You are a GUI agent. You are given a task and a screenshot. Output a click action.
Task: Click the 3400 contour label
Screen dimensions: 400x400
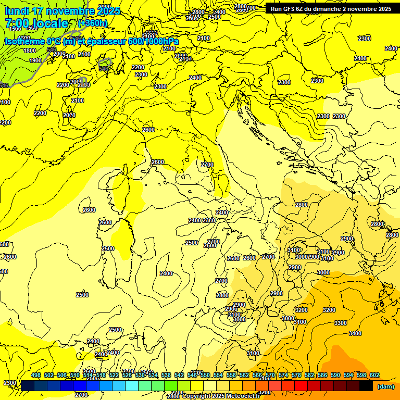(355, 333)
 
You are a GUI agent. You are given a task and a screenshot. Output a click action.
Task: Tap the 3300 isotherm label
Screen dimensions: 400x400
(340, 323)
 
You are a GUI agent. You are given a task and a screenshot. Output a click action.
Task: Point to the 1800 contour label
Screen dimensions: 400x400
(30, 51)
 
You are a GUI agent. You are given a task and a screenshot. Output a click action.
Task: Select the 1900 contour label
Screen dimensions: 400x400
(35, 60)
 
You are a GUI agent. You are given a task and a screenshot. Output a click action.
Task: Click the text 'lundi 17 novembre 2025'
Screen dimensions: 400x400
(63, 11)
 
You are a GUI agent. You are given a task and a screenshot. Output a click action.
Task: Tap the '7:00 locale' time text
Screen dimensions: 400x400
(36, 23)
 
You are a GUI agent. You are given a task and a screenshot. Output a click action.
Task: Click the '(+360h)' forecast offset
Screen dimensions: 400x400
(92, 23)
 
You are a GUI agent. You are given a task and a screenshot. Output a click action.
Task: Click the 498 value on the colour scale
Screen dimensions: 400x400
(36, 376)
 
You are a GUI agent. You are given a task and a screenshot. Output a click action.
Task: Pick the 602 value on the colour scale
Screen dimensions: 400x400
(374, 376)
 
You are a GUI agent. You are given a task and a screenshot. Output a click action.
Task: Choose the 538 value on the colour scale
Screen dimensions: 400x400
(166, 376)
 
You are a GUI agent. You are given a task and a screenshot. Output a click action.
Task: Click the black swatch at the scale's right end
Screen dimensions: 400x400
(366, 385)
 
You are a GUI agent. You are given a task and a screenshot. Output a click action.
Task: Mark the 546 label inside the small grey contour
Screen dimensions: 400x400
(104, 68)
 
